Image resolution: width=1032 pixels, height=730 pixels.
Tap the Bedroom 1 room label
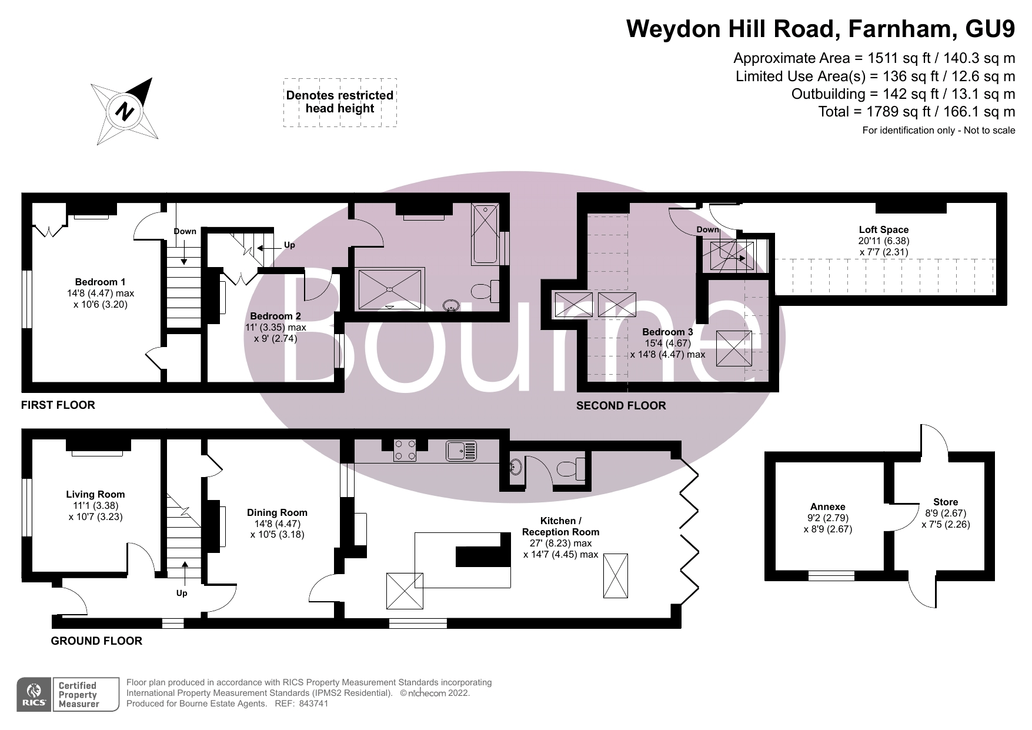[x=100, y=282]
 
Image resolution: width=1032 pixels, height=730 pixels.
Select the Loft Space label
[x=883, y=230]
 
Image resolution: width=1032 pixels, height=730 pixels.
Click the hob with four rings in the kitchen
[x=405, y=451]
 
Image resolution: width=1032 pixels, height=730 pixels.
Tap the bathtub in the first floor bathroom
[x=486, y=233]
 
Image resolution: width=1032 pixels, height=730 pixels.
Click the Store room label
[x=945, y=502]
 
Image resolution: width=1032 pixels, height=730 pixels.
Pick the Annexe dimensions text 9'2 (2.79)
[x=827, y=518]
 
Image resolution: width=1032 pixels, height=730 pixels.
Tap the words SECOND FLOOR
[x=621, y=405]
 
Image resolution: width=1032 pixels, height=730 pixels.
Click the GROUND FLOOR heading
[x=96, y=641]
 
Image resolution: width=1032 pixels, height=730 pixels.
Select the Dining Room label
[x=277, y=512]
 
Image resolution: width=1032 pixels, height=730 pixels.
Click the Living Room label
[x=95, y=494]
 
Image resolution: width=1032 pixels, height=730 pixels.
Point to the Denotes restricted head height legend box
[x=340, y=102]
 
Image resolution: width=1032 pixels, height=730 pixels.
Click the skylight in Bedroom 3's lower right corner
[x=733, y=349]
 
